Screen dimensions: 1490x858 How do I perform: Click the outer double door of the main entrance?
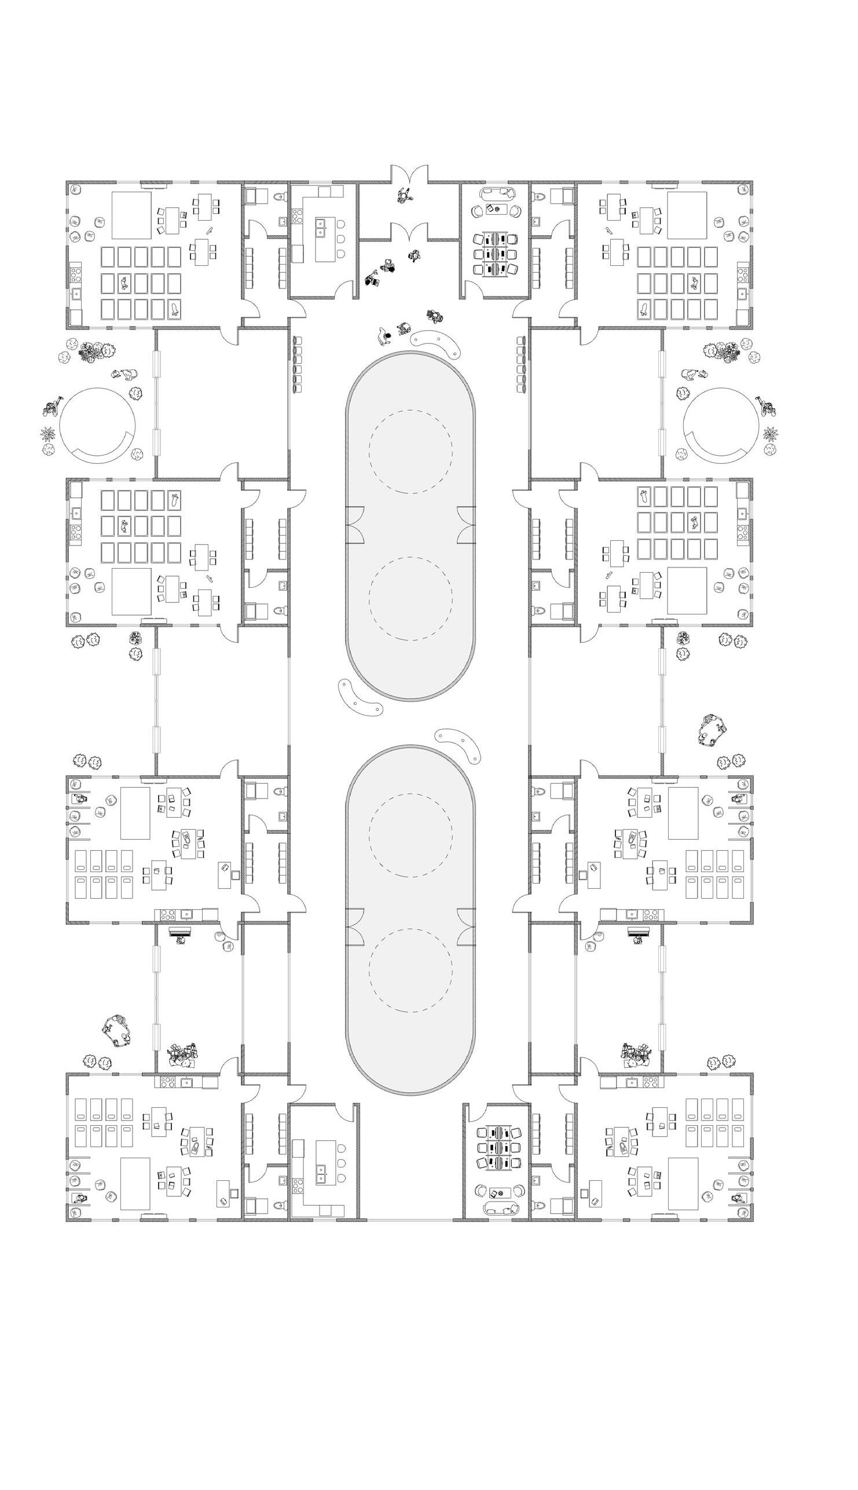tap(410, 175)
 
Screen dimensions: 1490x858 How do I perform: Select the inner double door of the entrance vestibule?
tap(410, 232)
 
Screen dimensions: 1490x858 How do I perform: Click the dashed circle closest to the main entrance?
tap(410, 451)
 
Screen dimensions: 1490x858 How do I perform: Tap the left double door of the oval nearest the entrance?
tap(355, 524)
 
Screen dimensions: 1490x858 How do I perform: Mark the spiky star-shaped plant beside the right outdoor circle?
tap(769, 434)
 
